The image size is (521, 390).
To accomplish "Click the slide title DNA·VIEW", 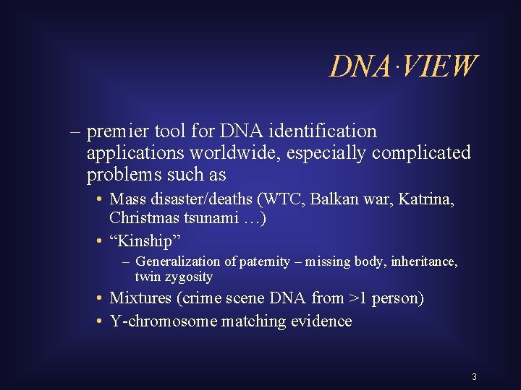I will click(x=403, y=66).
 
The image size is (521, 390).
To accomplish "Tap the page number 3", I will click(x=474, y=376).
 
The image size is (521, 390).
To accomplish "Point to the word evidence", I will click(x=321, y=321).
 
